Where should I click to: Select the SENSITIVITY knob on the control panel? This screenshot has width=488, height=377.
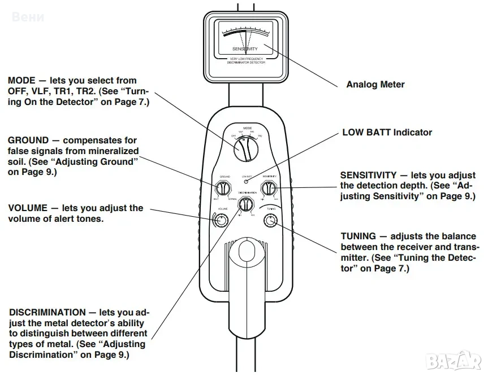point(269,187)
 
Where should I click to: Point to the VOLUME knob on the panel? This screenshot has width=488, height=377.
point(219,220)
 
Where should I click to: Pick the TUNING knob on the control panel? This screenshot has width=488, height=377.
point(271,220)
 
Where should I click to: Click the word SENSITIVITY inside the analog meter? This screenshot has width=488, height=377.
point(245,49)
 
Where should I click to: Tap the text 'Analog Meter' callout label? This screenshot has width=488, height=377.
point(375,85)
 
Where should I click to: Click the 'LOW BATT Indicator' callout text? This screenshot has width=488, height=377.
point(387,133)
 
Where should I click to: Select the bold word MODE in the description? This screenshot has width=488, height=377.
point(20,81)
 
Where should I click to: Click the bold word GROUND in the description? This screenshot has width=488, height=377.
point(27,139)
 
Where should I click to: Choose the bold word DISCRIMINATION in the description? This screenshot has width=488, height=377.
point(47,312)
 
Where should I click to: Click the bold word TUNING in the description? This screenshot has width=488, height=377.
point(358,236)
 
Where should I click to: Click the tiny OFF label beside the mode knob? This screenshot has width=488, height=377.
point(233,136)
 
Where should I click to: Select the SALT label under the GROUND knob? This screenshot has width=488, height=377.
point(216,199)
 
